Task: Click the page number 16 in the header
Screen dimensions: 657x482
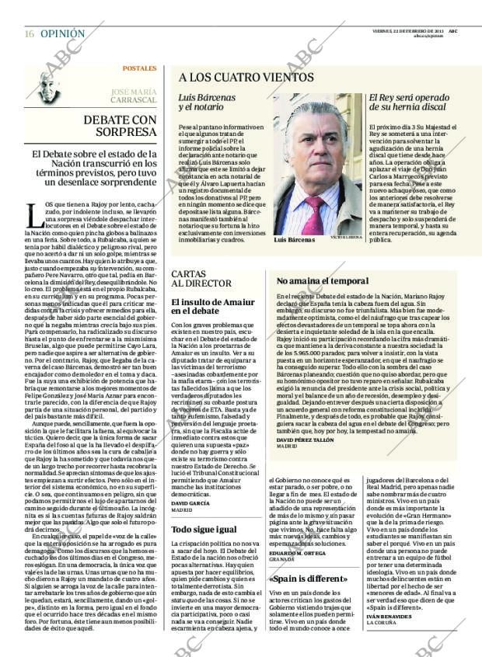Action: pyautogui.click(x=29, y=34)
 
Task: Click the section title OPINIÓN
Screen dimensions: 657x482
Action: pyautogui.click(x=62, y=34)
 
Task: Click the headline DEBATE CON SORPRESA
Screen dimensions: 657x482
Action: pyautogui.click(x=120, y=126)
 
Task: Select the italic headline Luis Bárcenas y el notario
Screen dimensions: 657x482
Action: pyautogui.click(x=207, y=104)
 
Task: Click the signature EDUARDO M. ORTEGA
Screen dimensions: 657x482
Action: pyautogui.click(x=299, y=552)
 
